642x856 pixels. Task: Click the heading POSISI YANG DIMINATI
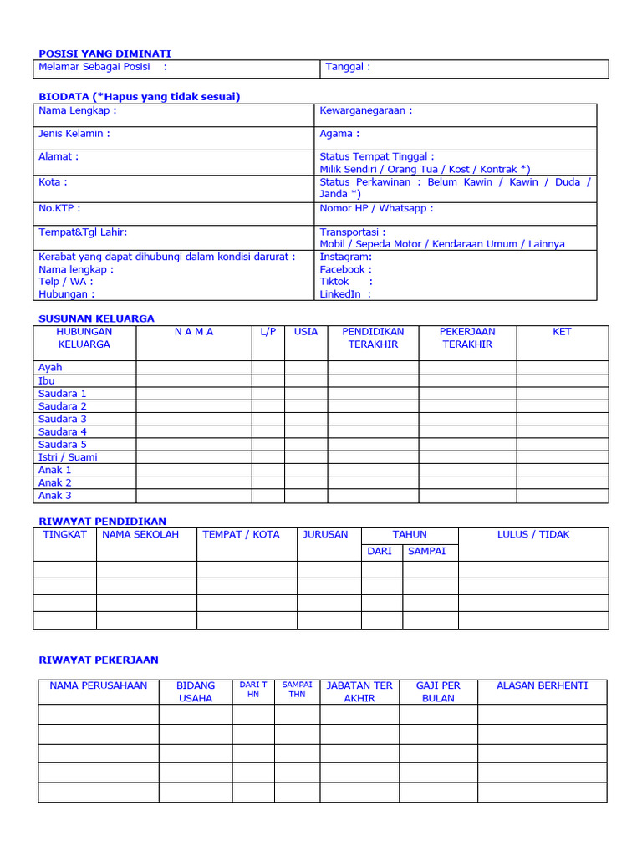coord(104,53)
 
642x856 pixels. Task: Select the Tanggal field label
coord(347,67)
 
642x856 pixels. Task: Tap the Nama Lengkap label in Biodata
coord(77,110)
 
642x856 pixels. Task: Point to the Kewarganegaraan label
coord(365,110)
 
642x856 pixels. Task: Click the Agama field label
coord(339,134)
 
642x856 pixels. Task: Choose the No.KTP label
coord(59,208)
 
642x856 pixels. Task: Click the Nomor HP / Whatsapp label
coord(376,208)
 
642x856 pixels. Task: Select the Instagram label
coord(345,257)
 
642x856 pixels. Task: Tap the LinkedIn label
coord(344,293)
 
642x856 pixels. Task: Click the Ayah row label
coord(50,367)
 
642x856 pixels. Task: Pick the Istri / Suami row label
coord(68,457)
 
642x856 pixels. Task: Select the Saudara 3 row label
coord(63,419)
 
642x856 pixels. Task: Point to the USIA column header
coord(306,332)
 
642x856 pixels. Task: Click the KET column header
coord(562,332)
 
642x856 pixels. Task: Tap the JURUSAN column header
coord(325,534)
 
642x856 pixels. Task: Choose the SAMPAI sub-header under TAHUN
coord(426,551)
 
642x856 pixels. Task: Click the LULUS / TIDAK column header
coord(533,534)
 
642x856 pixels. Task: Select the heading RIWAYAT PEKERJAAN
coord(99,660)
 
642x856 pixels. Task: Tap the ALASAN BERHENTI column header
coord(542,685)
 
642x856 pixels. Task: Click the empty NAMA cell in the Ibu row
coord(193,380)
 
